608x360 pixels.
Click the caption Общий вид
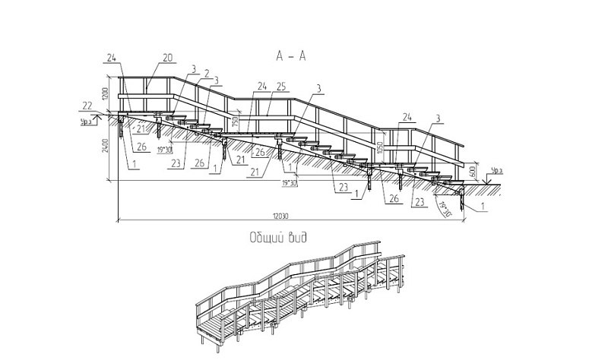coord(278,238)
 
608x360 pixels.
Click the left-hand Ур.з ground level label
coord(86,119)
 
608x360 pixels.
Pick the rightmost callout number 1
coord(483,206)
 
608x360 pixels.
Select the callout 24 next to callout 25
coord(261,84)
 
